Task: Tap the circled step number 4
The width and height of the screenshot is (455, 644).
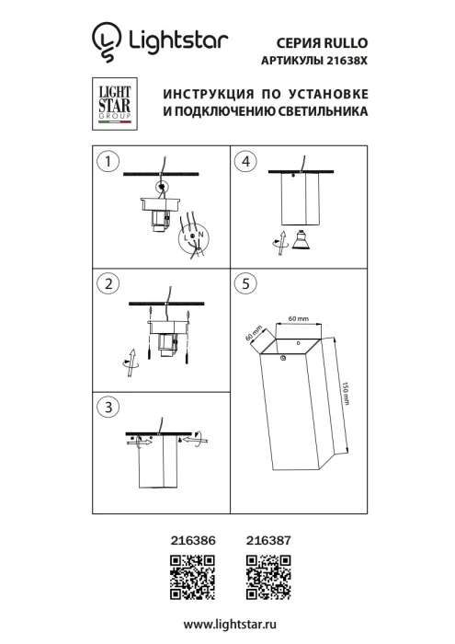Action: point(244,162)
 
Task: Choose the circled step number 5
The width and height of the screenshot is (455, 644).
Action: point(244,284)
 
